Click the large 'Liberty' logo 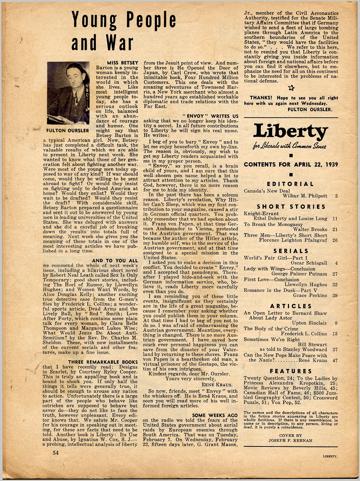pyautogui.click(x=291, y=132)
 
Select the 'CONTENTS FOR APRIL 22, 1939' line pyautogui.click(x=291, y=164)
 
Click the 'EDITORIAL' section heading pyautogui.click(x=291, y=184)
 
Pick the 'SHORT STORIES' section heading pyautogui.click(x=291, y=206)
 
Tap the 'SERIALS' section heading pyautogui.click(x=291, y=251)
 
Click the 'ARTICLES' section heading pyautogui.click(x=291, y=306)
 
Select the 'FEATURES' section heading pyautogui.click(x=291, y=371)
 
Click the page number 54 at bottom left pyautogui.click(x=55, y=453)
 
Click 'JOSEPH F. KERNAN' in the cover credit pyautogui.click(x=291, y=441)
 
